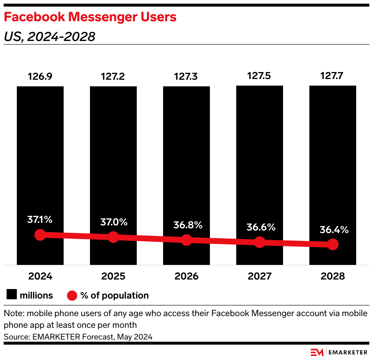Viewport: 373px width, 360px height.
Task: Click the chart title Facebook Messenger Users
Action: tap(90, 17)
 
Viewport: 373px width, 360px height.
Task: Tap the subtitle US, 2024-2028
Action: tap(49, 37)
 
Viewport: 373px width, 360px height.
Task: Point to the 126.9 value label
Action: tap(40, 77)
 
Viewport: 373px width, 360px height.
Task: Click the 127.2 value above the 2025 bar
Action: tap(113, 77)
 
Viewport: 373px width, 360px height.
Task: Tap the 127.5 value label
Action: tap(259, 76)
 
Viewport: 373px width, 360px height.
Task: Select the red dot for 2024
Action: tap(40, 235)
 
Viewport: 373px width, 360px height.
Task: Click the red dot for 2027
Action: tap(259, 242)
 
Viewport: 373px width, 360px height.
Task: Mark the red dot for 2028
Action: tap(332, 244)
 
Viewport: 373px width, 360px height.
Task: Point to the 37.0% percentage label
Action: tap(113, 222)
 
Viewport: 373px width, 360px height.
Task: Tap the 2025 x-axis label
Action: tap(113, 276)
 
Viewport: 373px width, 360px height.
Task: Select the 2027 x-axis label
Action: tap(259, 276)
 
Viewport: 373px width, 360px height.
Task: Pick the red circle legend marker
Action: tap(72, 295)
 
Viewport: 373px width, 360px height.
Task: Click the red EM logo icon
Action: tap(317, 352)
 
